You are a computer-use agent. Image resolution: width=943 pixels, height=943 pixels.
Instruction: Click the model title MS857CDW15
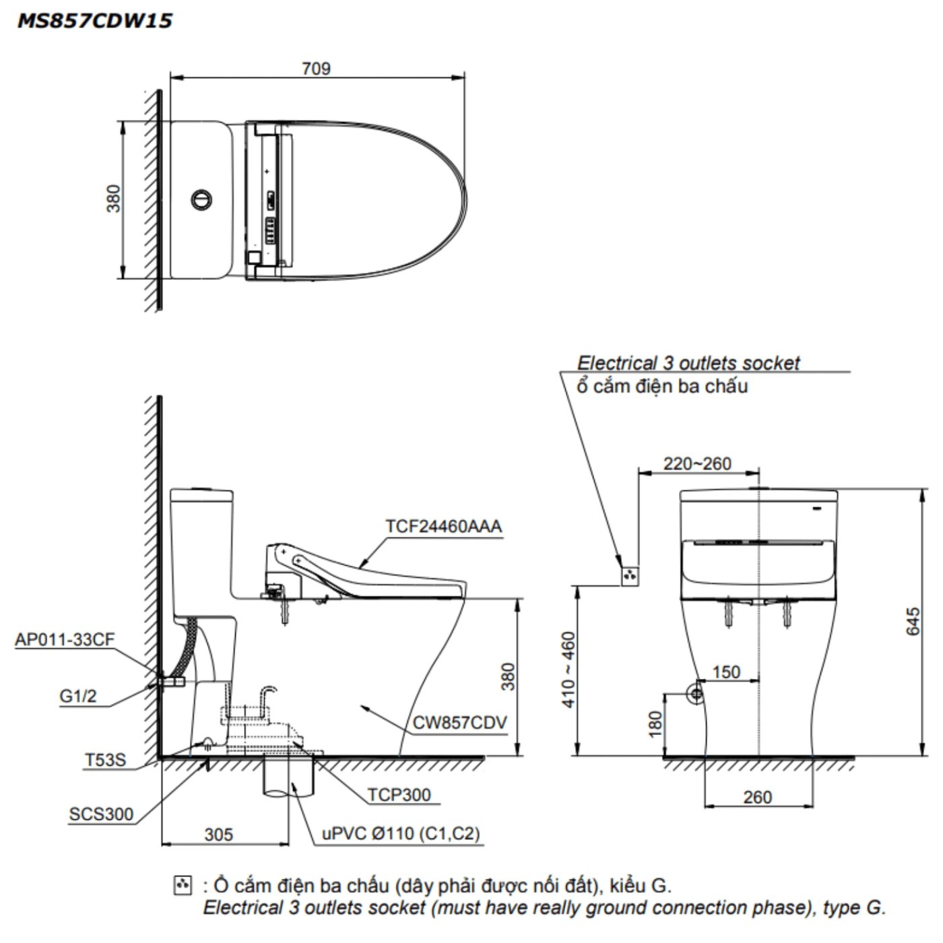pos(94,21)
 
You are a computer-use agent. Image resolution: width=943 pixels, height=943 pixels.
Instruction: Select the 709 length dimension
pos(316,69)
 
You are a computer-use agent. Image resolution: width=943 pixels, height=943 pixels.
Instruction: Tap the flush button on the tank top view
pos(201,199)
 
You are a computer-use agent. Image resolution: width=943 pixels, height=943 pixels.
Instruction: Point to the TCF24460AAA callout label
pos(443,526)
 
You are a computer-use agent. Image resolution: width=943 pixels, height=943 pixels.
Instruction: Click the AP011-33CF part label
pos(65,639)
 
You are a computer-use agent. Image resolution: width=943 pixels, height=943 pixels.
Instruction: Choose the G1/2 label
pos(78,696)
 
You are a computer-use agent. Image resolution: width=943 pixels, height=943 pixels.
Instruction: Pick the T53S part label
pos(105,760)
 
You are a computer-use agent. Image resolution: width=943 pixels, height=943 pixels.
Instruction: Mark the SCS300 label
pos(101,814)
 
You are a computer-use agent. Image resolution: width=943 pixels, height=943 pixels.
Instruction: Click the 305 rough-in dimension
pos(219,835)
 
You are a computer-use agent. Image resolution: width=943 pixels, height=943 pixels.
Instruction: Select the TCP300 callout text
pos(399,795)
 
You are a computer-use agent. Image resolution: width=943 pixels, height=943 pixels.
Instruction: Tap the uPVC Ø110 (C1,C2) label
pos(401,834)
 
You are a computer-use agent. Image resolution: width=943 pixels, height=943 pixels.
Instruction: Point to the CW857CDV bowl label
pos(459,723)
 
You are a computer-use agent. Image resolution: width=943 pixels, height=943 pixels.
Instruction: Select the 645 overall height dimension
pos(912,621)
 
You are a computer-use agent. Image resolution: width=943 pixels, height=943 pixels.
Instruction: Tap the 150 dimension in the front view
pos(726,672)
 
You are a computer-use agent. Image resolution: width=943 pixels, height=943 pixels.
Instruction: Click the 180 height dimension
pos(655,724)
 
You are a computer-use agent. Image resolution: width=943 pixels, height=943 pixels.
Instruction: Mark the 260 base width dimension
pos(757,797)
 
